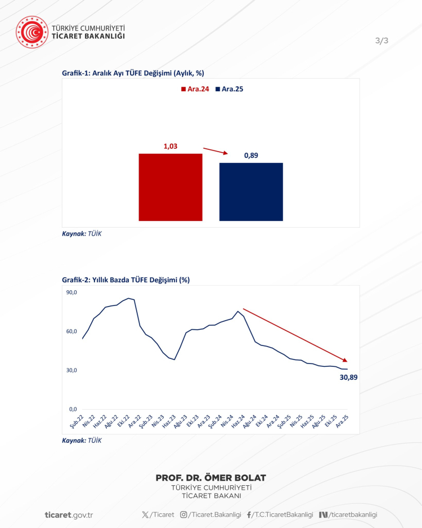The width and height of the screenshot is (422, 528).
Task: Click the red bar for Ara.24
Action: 170,187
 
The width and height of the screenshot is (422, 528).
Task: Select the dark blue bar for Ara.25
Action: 251,192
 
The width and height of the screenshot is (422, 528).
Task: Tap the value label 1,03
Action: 170,147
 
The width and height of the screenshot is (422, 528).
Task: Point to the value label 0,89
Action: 251,156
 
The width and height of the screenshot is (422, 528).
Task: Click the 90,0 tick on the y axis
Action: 71,292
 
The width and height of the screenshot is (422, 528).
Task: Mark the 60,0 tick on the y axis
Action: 71,331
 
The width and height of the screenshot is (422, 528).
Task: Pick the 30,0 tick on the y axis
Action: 71,370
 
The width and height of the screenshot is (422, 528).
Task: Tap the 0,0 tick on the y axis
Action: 73,409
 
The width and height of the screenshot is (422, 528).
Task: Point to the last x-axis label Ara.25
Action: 341,421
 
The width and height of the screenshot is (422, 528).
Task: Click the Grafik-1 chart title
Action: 133,73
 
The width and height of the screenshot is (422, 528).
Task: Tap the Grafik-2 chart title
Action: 125,279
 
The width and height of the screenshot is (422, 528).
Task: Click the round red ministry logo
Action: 32,32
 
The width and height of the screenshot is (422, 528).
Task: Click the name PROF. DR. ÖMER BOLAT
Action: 210,478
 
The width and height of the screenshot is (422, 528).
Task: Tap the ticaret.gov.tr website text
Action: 69,514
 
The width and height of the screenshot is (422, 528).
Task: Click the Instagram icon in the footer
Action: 183,514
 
